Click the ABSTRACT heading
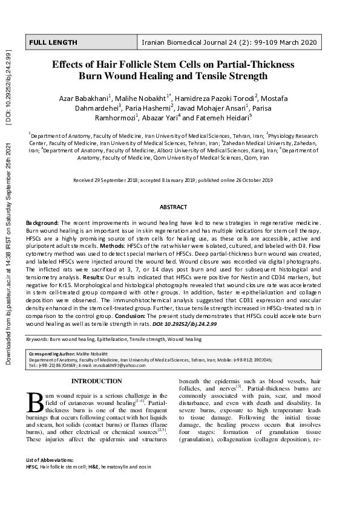click(x=173, y=207)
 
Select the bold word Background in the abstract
click(x=42, y=224)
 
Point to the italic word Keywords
click(x=37, y=340)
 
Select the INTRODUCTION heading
click(x=97, y=381)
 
